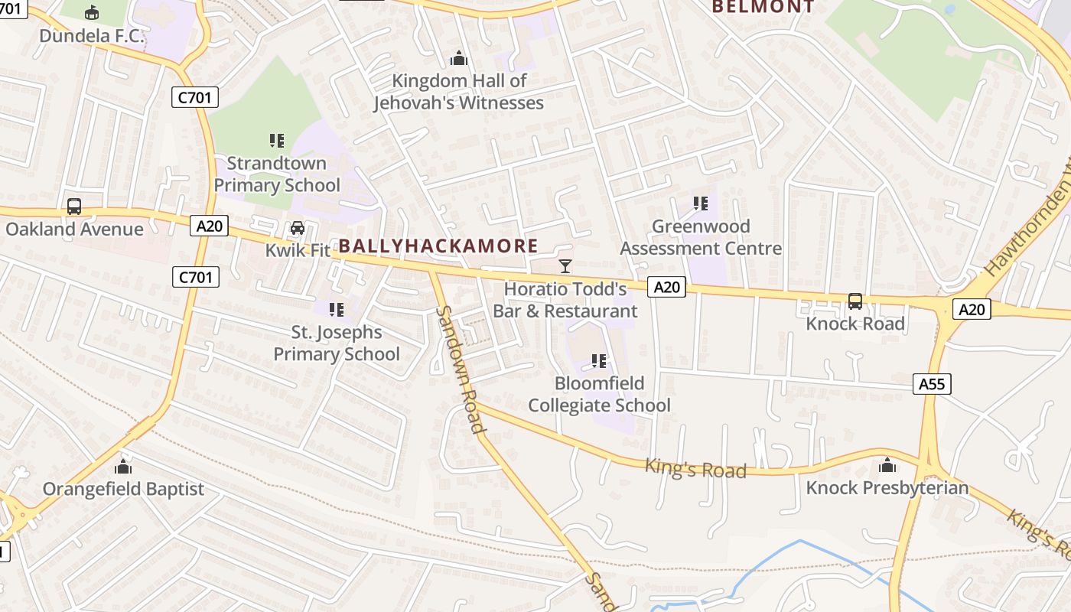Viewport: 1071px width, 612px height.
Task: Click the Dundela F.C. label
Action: point(92,36)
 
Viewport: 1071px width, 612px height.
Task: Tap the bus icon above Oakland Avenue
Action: point(74,207)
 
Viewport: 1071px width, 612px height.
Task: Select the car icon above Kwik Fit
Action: point(298,228)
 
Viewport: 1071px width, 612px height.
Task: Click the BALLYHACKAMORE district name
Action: point(438,246)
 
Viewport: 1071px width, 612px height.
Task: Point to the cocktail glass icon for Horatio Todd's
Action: point(565,266)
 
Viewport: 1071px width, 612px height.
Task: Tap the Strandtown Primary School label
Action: point(277,174)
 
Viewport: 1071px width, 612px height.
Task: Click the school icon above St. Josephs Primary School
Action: point(337,310)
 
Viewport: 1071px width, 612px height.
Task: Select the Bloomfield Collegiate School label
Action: point(599,394)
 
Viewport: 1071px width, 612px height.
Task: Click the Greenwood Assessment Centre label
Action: point(701,237)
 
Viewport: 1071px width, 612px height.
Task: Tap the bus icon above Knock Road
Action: point(855,301)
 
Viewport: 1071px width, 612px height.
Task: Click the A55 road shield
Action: point(932,384)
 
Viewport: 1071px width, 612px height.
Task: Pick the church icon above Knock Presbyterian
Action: point(887,465)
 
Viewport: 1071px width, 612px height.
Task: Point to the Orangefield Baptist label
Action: point(123,489)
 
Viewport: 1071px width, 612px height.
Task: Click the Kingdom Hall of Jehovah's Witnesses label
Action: point(459,92)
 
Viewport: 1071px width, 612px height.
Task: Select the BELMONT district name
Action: point(763,7)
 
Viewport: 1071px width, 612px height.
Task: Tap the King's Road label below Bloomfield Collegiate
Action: point(695,468)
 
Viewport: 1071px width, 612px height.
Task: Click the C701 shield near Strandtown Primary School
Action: point(195,97)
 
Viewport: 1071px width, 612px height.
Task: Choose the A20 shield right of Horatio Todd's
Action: point(666,287)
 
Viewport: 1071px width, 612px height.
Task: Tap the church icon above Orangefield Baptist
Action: point(123,467)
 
